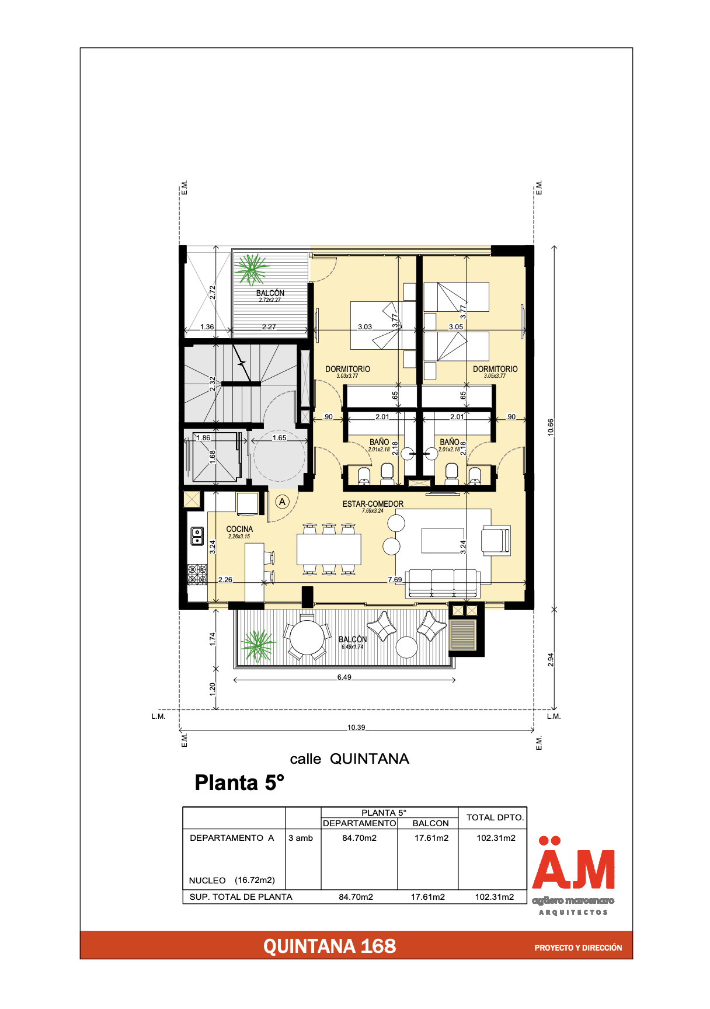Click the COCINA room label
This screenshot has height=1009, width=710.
[x=239, y=529]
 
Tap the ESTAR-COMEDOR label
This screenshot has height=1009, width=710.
[x=373, y=504]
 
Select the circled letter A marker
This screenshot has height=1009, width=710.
[x=283, y=502]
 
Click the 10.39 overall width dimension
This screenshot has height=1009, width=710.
[x=356, y=728]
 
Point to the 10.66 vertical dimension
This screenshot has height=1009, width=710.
[x=551, y=427]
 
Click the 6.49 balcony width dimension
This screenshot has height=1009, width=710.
[x=344, y=677]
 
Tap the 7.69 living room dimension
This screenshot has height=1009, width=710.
[x=395, y=580]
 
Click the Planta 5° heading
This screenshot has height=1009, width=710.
[x=239, y=783]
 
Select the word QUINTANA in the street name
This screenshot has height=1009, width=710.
[x=370, y=759]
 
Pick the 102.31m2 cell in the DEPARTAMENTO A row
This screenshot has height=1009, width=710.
[x=496, y=838]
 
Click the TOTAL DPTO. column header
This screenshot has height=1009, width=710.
[x=495, y=817]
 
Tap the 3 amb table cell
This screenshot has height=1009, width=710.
[x=301, y=838]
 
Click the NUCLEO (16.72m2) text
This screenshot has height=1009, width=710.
[x=232, y=881]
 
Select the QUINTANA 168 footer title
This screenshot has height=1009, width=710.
[x=329, y=947]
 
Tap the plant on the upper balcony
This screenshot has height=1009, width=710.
[x=252, y=269]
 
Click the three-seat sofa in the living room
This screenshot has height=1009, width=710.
[x=443, y=583]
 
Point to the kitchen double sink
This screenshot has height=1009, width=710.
[x=197, y=535]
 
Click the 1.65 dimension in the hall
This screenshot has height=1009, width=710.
[x=279, y=438]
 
